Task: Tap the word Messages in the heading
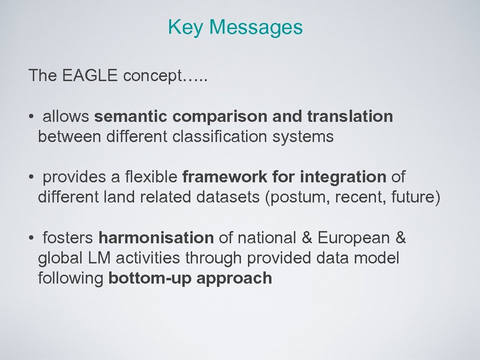tap(256, 27)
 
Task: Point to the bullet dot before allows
tap(30, 117)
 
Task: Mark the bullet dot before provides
tap(30, 177)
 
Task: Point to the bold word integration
tap(343, 177)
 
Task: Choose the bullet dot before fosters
tap(30, 238)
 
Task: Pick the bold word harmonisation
tap(156, 238)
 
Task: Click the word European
tap(354, 238)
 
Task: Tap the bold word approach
tap(234, 278)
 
